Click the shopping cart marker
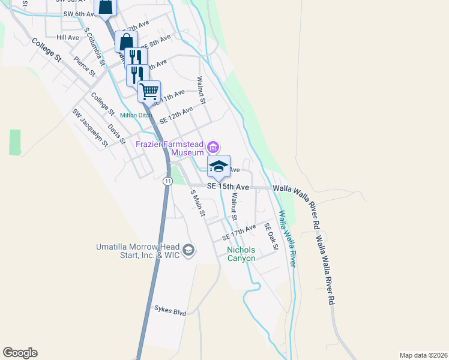(x=149, y=92)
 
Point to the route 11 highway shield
(x=167, y=180)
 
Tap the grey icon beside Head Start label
(x=188, y=250)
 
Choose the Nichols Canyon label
(x=241, y=254)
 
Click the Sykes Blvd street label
(x=170, y=312)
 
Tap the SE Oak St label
(x=272, y=237)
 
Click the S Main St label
(x=198, y=203)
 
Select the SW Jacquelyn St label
(x=90, y=127)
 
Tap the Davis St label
(x=116, y=134)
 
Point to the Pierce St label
(x=85, y=65)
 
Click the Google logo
(x=20, y=353)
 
